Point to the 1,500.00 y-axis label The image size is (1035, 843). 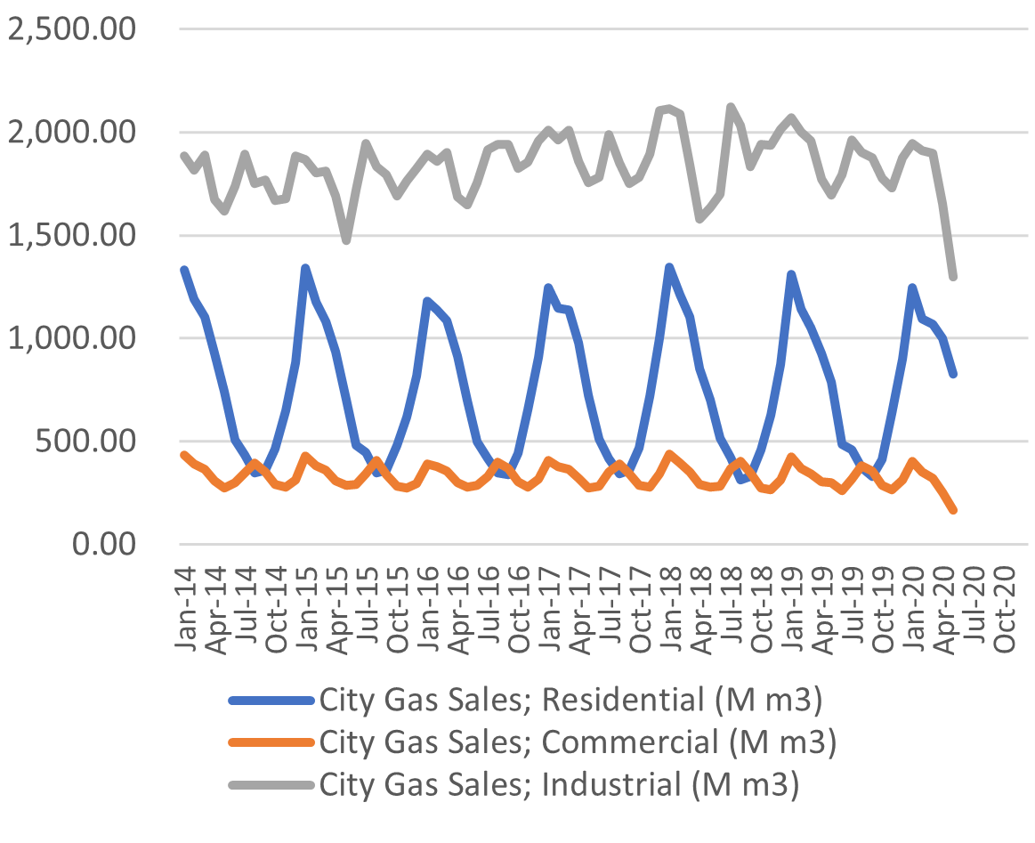tap(71, 236)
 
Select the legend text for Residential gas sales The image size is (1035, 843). tap(570, 700)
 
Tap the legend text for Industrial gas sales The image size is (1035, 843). tap(559, 785)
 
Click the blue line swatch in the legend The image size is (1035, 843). tap(271, 701)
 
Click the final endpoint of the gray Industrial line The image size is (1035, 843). tap(953, 277)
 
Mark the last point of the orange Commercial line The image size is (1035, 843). tap(953, 510)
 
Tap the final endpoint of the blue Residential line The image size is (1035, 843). tap(953, 374)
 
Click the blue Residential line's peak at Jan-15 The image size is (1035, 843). tap(305, 268)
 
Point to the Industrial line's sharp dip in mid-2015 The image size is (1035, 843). tap(346, 240)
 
